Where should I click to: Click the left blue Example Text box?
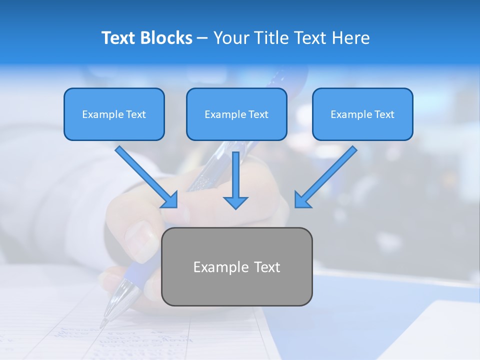click(114, 114)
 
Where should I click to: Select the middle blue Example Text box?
click(236, 114)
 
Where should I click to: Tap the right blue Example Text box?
click(362, 114)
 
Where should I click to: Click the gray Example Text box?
click(236, 266)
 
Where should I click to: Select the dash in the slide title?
click(202, 38)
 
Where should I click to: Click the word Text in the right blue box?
click(384, 114)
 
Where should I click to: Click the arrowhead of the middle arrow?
click(235, 202)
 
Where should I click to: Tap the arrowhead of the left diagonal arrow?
click(170, 200)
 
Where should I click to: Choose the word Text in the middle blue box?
click(258, 114)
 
